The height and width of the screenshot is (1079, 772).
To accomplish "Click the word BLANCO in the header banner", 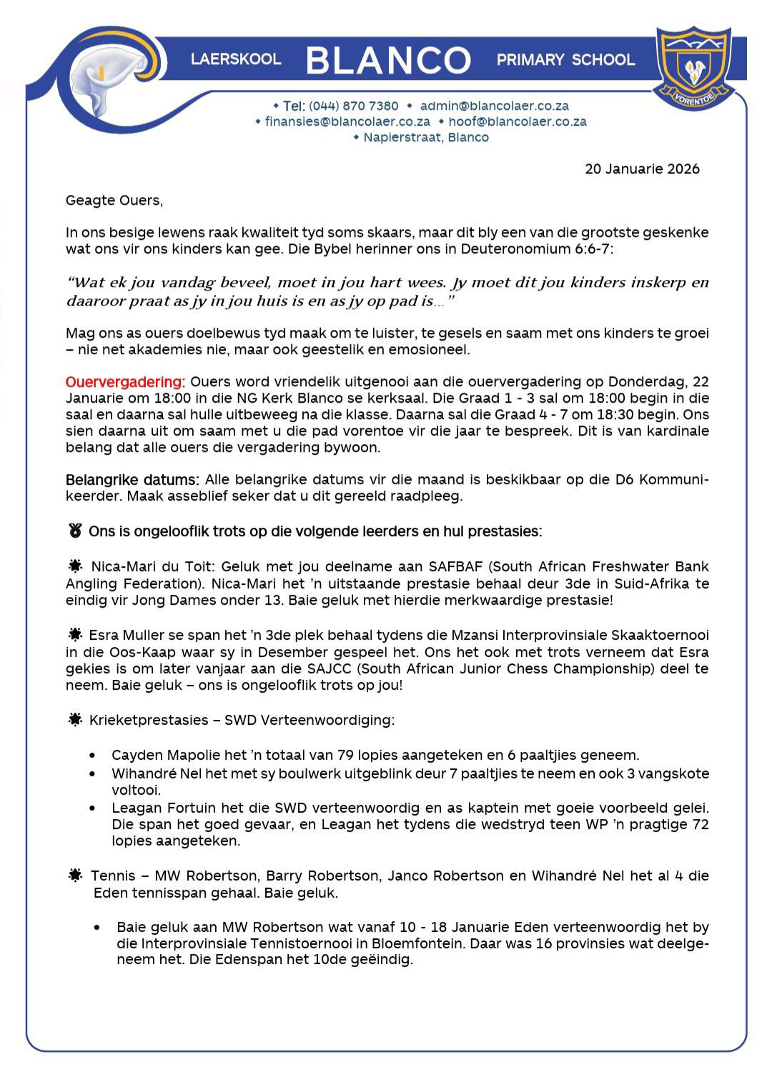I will (x=388, y=60).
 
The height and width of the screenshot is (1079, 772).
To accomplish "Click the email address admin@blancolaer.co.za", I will (x=494, y=106).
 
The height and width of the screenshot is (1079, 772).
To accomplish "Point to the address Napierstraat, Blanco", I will (x=426, y=137).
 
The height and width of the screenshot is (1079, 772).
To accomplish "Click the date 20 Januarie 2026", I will (x=642, y=169).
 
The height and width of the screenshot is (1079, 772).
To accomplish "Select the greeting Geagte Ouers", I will (x=114, y=200).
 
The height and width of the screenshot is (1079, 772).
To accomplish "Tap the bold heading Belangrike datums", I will (x=132, y=479).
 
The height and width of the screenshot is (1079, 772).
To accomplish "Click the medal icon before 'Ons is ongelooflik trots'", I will (x=75, y=531).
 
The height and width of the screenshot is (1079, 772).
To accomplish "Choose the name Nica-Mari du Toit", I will (x=153, y=567).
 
